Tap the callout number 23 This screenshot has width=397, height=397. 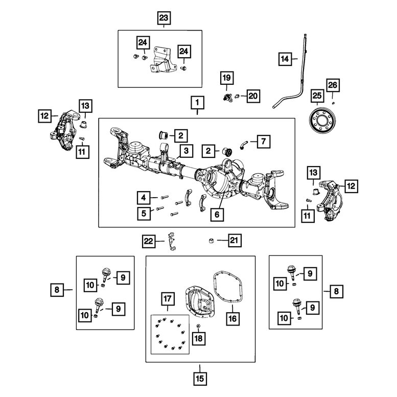[163, 18]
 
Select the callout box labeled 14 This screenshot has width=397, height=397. [285, 60]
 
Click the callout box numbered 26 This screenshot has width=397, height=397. [333, 85]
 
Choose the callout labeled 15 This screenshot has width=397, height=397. [200, 379]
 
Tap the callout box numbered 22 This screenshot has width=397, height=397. [148, 240]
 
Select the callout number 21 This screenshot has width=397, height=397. [235, 240]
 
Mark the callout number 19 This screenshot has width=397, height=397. [226, 78]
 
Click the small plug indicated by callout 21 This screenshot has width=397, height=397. [211, 240]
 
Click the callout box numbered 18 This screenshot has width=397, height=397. [198, 338]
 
